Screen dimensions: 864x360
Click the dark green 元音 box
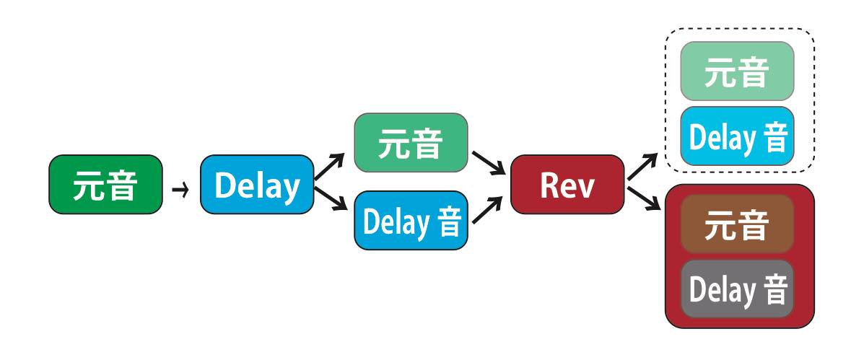(106, 185)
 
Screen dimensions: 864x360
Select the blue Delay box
(257, 185)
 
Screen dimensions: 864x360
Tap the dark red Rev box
(567, 185)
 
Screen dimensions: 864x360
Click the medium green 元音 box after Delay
(411, 143)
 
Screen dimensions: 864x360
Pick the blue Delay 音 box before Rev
(411, 220)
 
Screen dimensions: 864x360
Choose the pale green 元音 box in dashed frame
(737, 71)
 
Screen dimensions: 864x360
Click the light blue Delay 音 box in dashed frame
(737, 136)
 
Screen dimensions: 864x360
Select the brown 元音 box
(737, 224)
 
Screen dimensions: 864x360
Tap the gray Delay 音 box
(737, 289)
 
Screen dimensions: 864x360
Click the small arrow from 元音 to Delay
(180, 190)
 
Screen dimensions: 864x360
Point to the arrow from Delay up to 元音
(330, 167)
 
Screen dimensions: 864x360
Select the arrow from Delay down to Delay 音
(331, 199)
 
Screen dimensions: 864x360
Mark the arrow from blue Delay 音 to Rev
(488, 210)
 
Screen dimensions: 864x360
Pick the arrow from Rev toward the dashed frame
(642, 167)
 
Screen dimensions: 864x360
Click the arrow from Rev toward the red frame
(644, 198)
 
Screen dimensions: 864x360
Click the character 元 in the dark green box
(88, 185)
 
